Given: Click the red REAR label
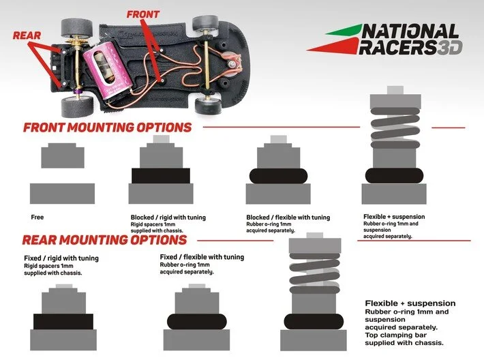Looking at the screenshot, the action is (x=27, y=35).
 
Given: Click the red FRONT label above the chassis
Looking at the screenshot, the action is (x=143, y=14).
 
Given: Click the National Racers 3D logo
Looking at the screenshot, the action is (x=385, y=40).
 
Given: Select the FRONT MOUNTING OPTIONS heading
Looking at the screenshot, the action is (x=108, y=127).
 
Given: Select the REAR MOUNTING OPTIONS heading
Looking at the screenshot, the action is (x=105, y=240).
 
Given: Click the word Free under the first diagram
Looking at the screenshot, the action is (x=37, y=217).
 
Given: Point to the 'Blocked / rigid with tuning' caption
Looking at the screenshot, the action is (x=168, y=217).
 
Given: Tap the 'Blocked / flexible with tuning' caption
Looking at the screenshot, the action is (x=288, y=217).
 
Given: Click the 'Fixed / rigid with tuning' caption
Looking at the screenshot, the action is (x=61, y=258).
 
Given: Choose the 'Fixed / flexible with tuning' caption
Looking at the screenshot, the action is (x=202, y=257).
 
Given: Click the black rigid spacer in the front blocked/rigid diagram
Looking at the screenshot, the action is (x=161, y=176).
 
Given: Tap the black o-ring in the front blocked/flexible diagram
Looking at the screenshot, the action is (x=278, y=176).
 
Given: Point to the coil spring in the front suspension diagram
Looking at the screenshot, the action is (x=395, y=127).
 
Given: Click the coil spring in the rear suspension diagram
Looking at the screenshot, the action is (x=315, y=273).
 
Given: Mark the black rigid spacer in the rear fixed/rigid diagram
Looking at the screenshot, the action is (x=63, y=321).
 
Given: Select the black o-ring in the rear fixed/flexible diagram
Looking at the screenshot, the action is (x=197, y=321).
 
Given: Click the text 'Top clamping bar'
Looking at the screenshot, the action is (x=396, y=335).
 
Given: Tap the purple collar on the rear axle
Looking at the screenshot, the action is (x=77, y=91).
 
